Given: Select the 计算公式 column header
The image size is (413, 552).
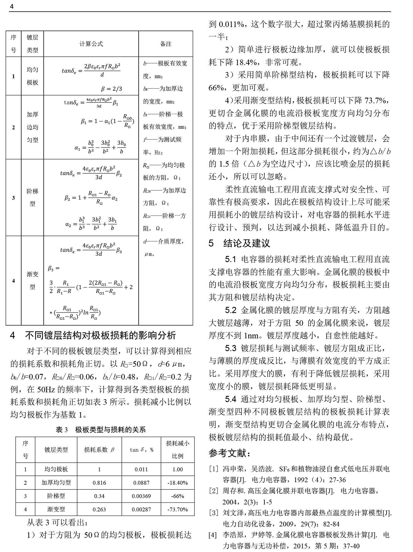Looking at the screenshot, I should pos(91,44).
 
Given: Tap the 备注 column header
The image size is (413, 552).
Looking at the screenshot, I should pos(166,44).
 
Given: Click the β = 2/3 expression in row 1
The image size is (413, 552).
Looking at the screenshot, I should pos(111,89).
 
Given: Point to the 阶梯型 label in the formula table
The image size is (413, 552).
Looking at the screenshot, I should pos(32,197).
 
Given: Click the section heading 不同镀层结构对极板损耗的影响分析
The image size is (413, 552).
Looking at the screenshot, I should pos(100,335).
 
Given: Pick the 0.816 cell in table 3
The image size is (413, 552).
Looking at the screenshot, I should pos(99,483).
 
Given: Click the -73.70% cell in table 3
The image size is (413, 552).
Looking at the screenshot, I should pos(178,509).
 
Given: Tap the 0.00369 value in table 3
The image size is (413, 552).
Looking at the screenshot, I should pos(141,496).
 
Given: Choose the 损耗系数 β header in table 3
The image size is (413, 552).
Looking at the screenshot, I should pos(99,450).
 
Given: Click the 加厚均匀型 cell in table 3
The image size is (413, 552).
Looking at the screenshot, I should pos(56,483).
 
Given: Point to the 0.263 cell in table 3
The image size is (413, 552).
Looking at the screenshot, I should pos(99,509).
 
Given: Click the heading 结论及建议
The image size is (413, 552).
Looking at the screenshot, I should pos(246,243).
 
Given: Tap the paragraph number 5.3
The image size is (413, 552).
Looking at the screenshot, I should pos(231,348).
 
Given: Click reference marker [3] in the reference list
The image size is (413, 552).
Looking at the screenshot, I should pos(213,512).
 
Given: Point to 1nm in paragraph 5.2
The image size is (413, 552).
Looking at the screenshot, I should pos(251,336).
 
